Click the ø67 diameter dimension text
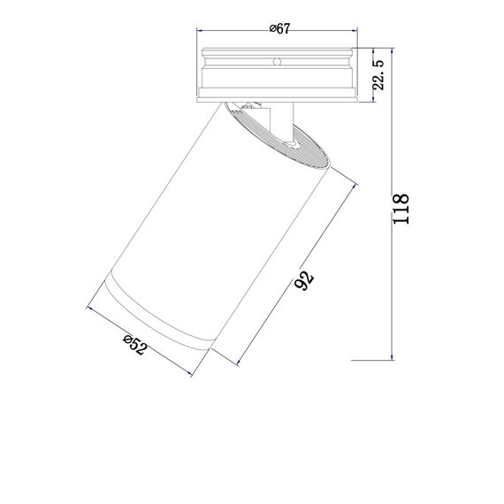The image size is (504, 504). pos(279,29)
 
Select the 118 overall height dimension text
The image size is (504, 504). pos(401,210)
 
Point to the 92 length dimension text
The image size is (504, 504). pos(302,281)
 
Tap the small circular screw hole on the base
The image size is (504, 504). pos(277,63)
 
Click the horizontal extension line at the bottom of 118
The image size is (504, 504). pos(371,361)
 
